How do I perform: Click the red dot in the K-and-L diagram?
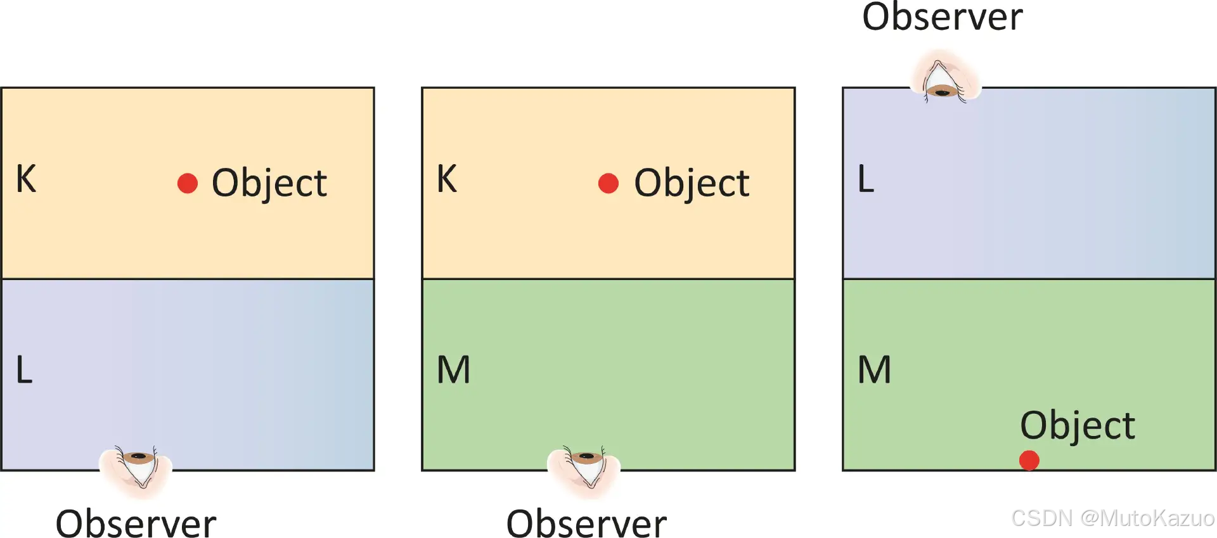point(188,183)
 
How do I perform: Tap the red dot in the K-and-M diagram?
point(608,183)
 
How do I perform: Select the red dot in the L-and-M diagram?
point(1029,461)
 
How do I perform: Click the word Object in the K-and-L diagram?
point(269,184)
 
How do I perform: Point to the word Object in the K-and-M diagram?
point(692,184)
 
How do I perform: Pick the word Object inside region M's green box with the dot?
point(1078,425)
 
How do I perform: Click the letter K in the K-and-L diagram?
point(26,179)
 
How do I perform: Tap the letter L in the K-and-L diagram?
point(24,370)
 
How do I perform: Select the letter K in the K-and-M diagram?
point(447,179)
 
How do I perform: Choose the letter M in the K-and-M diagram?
point(454,370)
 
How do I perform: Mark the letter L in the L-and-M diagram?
point(866,179)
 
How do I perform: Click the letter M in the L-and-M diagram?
point(875,370)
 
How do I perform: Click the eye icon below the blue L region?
point(136,469)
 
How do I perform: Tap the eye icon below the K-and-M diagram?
point(584,469)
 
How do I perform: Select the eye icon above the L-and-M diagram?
point(944,79)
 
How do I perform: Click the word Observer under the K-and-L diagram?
point(136,523)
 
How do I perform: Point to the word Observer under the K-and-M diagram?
point(586,523)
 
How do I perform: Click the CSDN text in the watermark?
point(1041,518)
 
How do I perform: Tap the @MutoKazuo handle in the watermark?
point(1147,518)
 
